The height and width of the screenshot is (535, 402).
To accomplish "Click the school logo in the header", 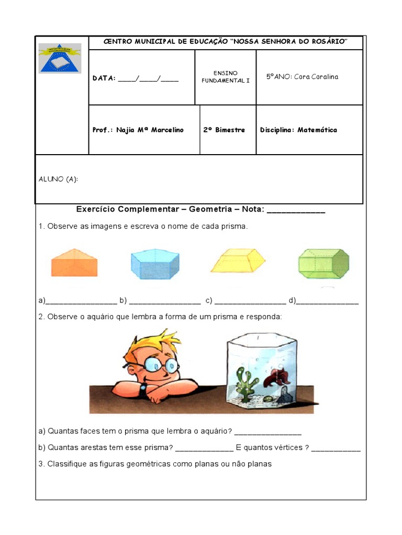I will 60,58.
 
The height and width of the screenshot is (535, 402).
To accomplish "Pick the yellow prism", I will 238,261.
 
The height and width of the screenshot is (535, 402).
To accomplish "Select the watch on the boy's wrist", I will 143,388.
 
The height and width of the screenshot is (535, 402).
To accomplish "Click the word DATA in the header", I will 103,79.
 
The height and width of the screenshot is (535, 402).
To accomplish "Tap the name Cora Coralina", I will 316,77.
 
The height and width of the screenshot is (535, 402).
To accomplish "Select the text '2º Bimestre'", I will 224,130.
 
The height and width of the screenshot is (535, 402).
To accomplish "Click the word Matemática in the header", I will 317,130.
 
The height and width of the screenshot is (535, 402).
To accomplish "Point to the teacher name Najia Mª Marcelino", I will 150,130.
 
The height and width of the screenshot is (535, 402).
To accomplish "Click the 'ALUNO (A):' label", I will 58,179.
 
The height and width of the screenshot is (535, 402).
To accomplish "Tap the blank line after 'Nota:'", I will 296,211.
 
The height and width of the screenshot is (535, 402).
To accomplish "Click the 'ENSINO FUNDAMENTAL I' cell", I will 225,77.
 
